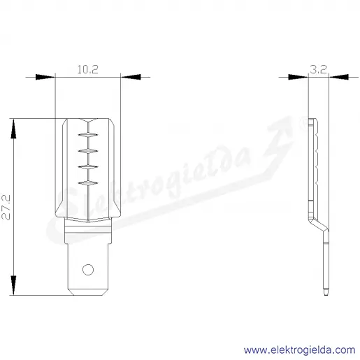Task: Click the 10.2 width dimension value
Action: click(x=87, y=69)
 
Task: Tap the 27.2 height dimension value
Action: click(x=6, y=207)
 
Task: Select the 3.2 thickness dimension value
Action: click(x=319, y=69)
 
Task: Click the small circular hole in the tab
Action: click(x=88, y=270)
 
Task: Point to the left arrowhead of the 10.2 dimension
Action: click(x=45, y=77)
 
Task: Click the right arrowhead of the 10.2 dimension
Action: click(x=131, y=77)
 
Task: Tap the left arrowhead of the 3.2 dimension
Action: click(x=298, y=77)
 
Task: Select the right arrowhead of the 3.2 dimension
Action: click(x=339, y=77)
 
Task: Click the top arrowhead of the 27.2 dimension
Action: click(x=14, y=129)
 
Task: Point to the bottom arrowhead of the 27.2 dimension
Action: click(x=14, y=285)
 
